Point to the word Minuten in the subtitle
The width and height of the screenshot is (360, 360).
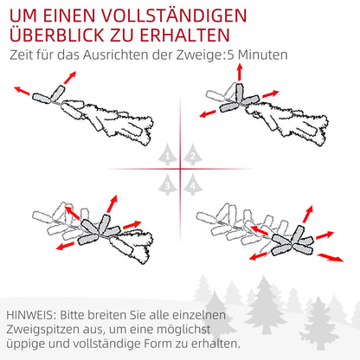[260, 56]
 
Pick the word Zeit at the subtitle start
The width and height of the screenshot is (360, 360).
[22, 56]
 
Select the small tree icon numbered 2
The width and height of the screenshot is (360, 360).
[191, 156]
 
